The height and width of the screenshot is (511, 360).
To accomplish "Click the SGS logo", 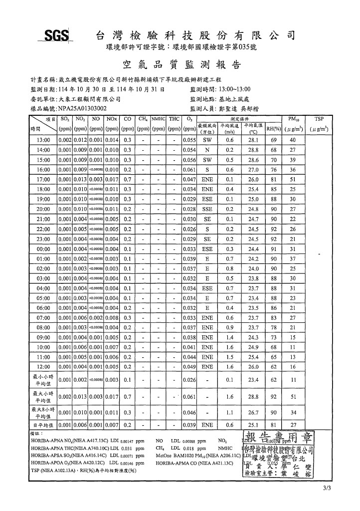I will (x=56, y=36).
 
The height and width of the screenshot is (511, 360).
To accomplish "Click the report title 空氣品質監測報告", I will (x=181, y=65).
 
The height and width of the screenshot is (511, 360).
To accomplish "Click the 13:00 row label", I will (x=44, y=140).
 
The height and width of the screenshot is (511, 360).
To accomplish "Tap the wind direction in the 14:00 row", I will (x=207, y=150).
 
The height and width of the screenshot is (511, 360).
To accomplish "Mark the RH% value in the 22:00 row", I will (x=273, y=229).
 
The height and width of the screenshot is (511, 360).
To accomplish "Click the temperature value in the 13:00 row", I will (x=253, y=140).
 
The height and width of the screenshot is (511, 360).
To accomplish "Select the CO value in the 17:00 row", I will (x=127, y=179).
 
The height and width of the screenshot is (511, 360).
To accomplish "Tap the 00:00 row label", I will (x=44, y=248).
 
